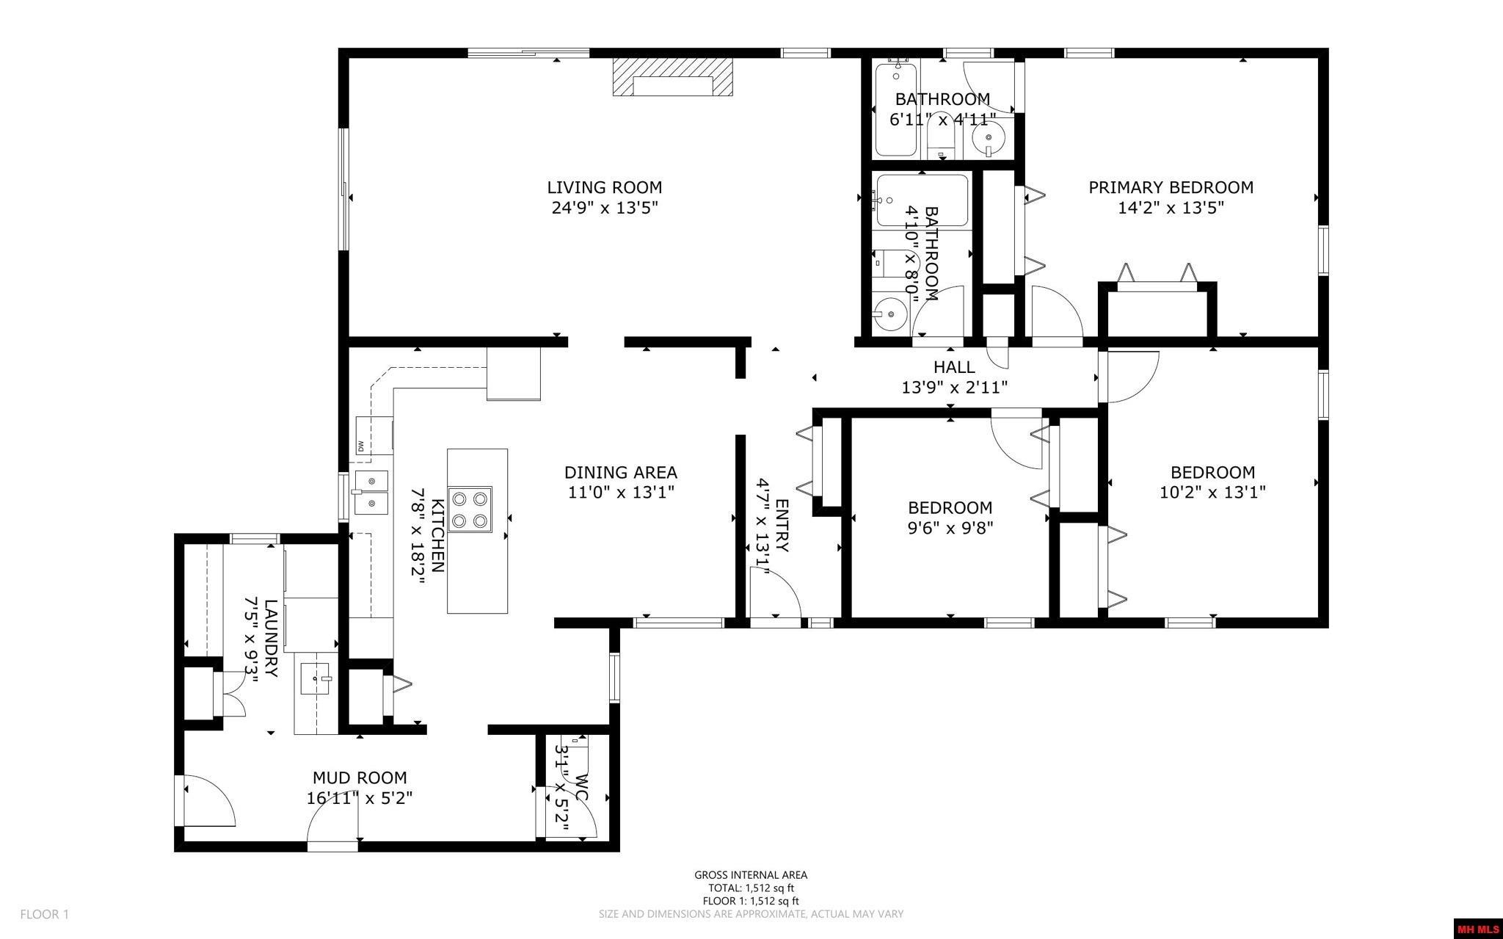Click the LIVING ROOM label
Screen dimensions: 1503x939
tap(604, 188)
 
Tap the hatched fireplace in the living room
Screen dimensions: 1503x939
tap(673, 77)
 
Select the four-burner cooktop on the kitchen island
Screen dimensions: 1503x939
tap(470, 510)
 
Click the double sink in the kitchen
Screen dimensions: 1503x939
tap(371, 493)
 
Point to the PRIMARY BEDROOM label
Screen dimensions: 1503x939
tap(1171, 188)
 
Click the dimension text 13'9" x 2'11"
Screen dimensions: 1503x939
tap(954, 387)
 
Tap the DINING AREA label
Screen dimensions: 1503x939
tap(620, 473)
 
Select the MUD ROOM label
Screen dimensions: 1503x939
tap(360, 778)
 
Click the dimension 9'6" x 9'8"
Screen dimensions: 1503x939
tap(950, 528)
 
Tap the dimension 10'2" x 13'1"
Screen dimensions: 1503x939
tap(1212, 493)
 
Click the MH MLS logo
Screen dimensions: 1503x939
tap(1478, 929)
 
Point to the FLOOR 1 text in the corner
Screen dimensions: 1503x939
tap(44, 915)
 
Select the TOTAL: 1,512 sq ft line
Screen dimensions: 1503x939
tap(751, 888)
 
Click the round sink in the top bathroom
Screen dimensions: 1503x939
tap(988, 137)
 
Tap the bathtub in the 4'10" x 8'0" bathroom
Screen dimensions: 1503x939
tap(922, 200)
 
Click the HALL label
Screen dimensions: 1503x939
tap(954, 367)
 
